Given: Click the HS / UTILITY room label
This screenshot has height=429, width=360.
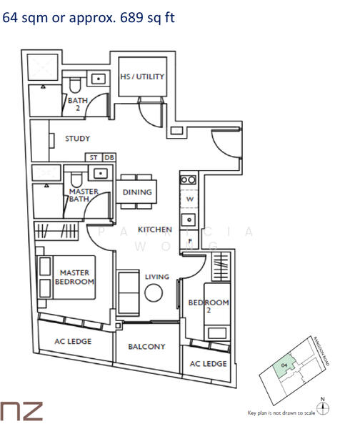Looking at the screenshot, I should tap(142, 77).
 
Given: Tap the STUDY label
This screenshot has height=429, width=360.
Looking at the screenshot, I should tap(77, 139).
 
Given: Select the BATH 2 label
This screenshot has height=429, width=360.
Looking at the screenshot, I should tap(78, 104).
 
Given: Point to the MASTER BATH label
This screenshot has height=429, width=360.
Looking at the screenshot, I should tap(83, 195).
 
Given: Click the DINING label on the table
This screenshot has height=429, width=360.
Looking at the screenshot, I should tap(137, 192).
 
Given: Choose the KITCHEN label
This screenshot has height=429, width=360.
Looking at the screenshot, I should tap(154, 230).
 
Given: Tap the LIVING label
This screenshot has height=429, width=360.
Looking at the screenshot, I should tap(156, 277).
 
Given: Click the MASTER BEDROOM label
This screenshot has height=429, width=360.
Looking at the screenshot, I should tap(77, 277).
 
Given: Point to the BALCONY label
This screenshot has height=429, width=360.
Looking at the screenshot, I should tap(146, 347).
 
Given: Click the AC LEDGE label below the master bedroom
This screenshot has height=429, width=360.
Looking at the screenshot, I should tap(73, 342).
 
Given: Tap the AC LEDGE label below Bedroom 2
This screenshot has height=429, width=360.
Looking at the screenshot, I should tap(208, 364).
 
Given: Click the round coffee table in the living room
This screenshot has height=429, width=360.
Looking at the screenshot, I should tap(154, 294).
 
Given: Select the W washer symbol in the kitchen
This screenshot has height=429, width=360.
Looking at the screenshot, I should tap(190, 199).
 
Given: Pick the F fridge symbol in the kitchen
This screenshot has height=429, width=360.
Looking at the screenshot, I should tap(190, 240).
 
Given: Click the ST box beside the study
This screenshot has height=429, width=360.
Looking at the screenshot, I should tap(94, 157).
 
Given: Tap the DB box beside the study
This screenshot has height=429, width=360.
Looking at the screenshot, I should tap(109, 157).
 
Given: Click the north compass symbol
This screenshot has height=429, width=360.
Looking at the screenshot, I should tap(326, 408).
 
